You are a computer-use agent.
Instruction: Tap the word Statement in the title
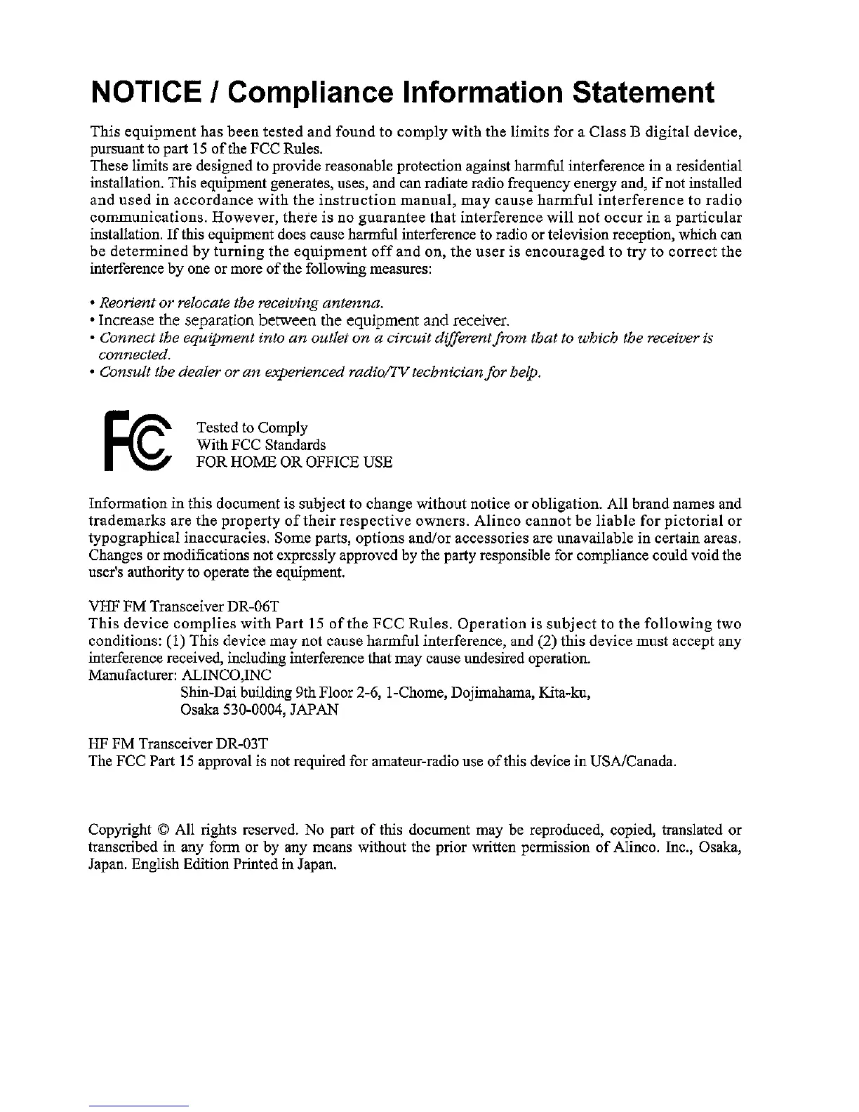click(643, 93)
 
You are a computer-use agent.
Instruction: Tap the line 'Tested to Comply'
click(252, 428)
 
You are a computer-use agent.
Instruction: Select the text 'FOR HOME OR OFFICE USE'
click(294, 462)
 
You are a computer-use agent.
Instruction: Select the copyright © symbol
click(164, 830)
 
